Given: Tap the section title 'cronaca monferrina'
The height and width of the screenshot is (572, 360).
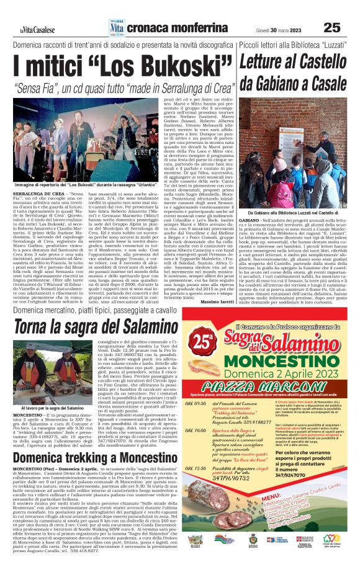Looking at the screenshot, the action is pos(161,27).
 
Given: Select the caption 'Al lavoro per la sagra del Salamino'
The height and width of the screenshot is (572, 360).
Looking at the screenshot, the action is pos(48,409).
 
